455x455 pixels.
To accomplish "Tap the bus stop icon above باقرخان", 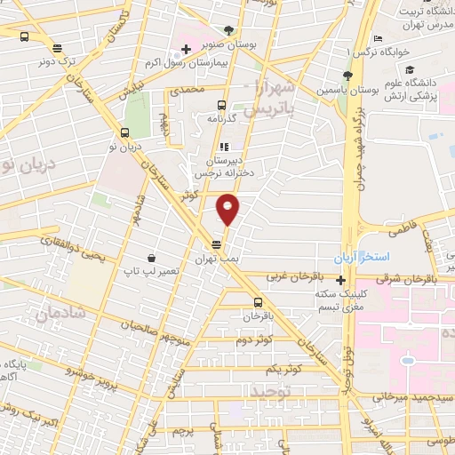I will coord(257,301).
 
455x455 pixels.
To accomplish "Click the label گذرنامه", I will coord(221,118).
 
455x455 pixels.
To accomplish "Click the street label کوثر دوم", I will coord(255,340).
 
